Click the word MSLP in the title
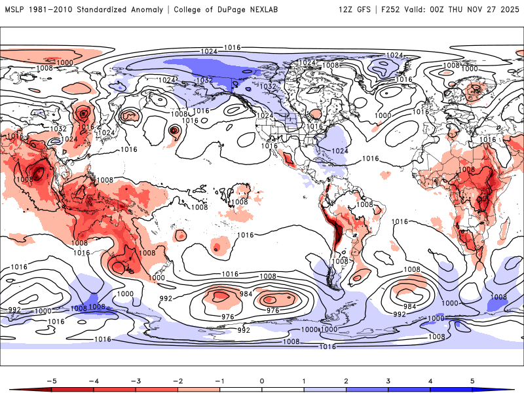[16, 10]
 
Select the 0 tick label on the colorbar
[262, 380]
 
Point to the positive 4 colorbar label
[430, 380]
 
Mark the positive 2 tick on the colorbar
[346, 380]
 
